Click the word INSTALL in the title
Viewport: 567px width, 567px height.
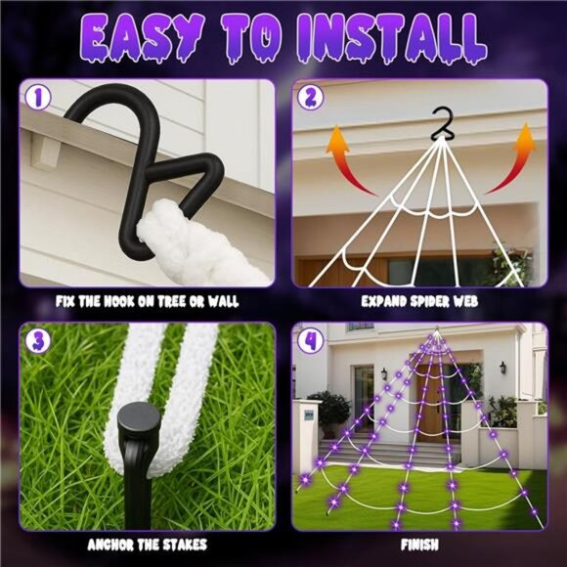point(401,41)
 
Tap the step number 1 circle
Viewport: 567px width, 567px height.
point(38,99)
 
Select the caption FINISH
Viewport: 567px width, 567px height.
point(418,544)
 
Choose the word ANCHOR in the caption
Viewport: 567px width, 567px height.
point(109,544)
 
